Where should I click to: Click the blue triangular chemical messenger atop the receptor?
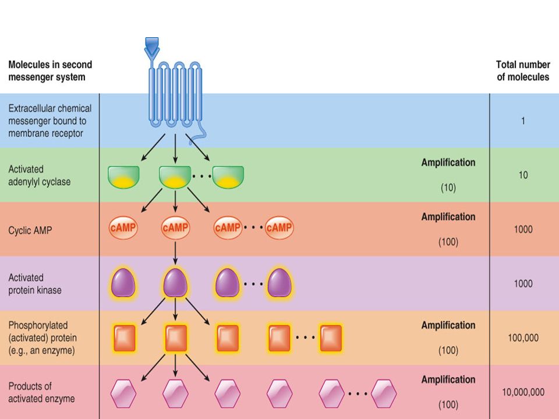[152, 44]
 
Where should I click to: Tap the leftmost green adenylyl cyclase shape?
[123, 177]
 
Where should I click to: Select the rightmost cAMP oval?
[279, 228]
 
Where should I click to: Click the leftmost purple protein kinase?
[123, 283]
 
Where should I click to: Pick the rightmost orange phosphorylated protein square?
[331, 338]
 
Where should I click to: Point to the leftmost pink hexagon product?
[123, 393]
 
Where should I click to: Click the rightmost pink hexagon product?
[384, 393]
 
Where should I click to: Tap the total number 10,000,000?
[523, 392]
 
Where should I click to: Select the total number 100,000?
[523, 338]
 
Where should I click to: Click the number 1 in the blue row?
[523, 121]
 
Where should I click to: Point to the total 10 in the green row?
[523, 175]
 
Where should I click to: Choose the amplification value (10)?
[448, 188]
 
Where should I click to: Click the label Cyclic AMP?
[30, 230]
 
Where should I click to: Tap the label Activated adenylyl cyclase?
[39, 175]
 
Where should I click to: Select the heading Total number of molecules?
[523, 70]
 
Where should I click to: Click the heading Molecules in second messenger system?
[50, 70]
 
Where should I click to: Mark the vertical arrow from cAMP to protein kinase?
[175, 253]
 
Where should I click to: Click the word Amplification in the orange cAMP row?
[448, 216]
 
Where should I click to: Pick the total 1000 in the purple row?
[523, 283]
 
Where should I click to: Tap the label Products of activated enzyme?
[41, 392]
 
